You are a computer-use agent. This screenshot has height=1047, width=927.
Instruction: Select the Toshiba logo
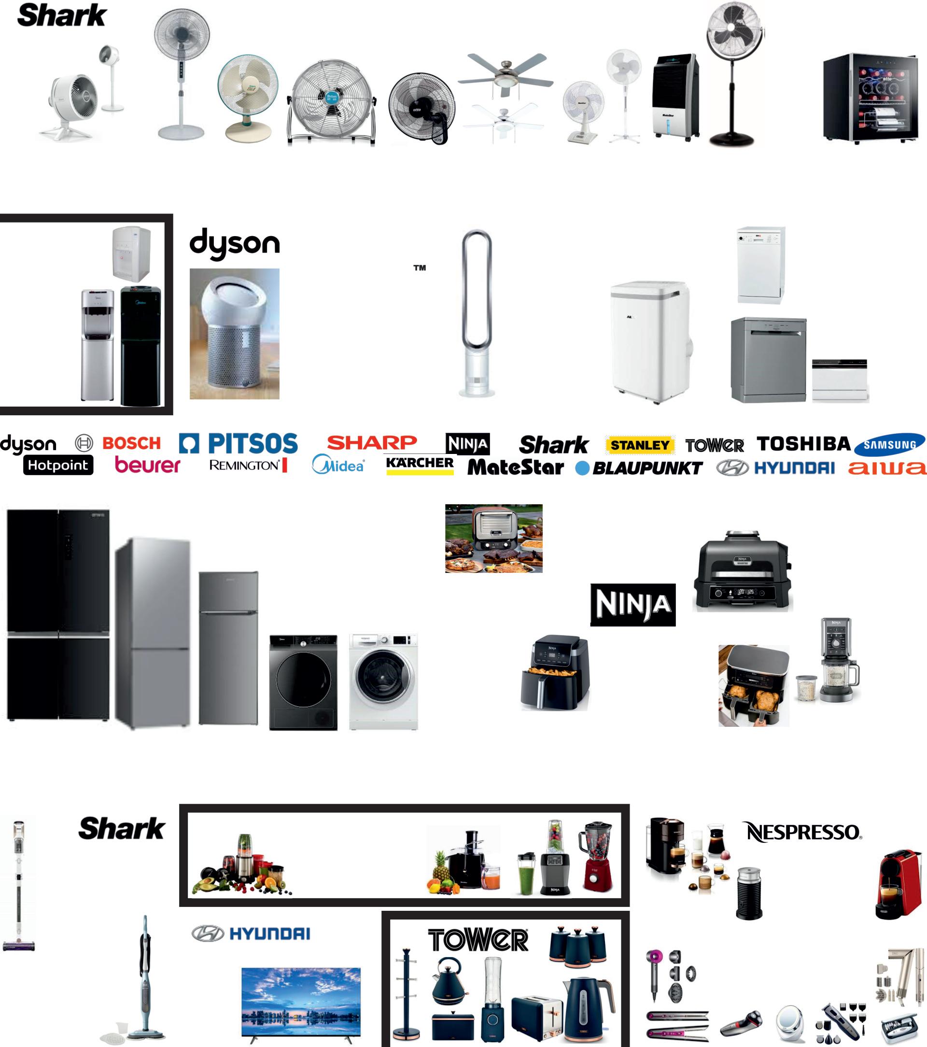point(803,444)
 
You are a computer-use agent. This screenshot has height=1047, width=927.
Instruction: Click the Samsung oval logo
point(890,445)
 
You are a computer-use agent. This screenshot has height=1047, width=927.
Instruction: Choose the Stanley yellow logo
point(640,445)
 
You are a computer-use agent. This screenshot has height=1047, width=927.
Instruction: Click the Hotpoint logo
point(58,465)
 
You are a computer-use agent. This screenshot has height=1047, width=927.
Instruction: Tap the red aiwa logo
point(886,467)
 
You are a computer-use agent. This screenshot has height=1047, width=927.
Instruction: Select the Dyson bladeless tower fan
point(477,312)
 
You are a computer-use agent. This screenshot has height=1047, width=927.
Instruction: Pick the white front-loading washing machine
point(383,681)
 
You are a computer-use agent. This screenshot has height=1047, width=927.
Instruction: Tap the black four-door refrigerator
point(58,615)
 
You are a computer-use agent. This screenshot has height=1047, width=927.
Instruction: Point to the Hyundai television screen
point(301,1002)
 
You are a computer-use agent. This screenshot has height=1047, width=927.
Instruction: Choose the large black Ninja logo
point(633,605)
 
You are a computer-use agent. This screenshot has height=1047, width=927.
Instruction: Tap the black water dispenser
point(140,346)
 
